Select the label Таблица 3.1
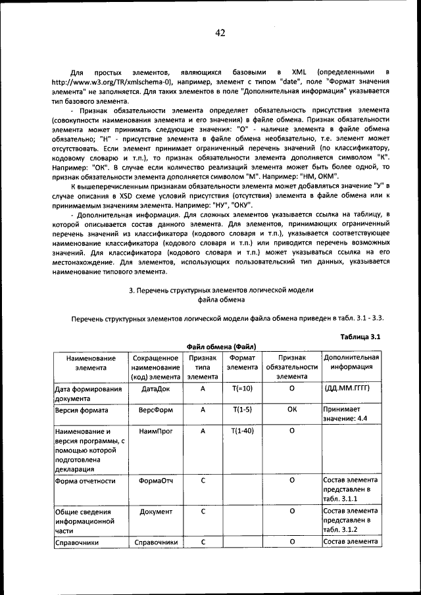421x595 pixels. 361,337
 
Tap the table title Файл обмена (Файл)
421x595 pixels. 221,346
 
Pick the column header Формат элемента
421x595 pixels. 242,363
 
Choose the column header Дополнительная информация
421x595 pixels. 351,363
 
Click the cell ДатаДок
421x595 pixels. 156,389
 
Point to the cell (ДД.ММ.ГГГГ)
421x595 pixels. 349,389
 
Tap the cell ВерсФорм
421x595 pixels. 156,409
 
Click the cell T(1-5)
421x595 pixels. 242,409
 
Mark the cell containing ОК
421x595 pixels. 291,409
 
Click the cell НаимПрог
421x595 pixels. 156,431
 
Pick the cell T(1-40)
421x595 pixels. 242,431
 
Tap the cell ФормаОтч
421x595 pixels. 156,481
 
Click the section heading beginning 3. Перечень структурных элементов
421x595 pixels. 220,290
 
